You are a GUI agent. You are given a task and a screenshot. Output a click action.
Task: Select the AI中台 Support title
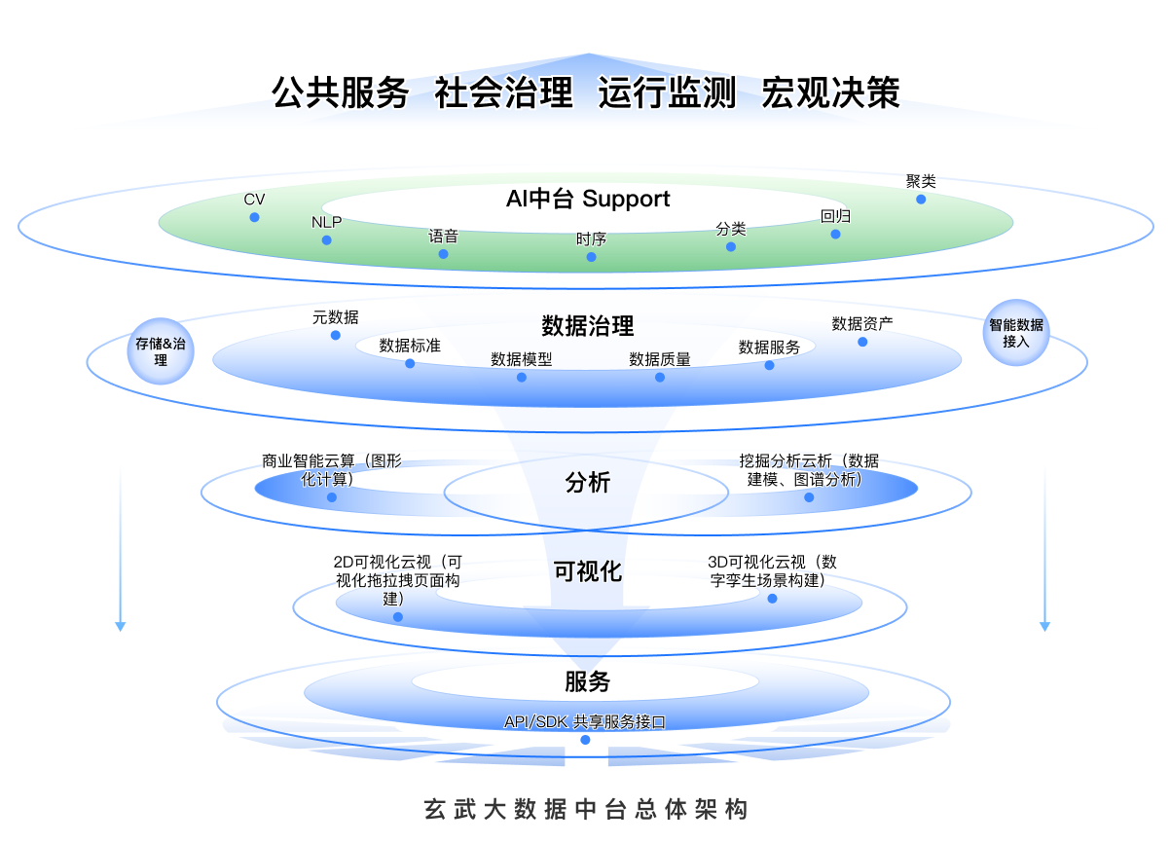tap(588, 200)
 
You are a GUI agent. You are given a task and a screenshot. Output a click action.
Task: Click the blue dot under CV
tap(255, 217)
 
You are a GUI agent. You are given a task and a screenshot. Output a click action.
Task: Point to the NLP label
tap(327, 222)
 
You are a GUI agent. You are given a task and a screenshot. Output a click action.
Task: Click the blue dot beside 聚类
tap(921, 200)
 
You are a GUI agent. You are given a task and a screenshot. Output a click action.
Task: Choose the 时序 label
tap(591, 238)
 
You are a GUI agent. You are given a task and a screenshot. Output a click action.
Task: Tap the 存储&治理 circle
tap(160, 351)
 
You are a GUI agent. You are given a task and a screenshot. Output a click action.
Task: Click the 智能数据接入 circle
tap(1016, 334)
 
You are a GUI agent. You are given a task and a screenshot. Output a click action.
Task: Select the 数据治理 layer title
tap(588, 325)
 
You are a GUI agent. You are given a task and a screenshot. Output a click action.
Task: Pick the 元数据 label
tap(335, 317)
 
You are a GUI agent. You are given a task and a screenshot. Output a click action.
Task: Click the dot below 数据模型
tap(522, 377)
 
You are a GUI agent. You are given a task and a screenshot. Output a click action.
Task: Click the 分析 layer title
tap(588, 482)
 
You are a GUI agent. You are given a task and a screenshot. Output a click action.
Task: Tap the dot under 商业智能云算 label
tap(332, 497)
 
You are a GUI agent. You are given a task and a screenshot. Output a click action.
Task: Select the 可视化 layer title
tap(588, 571)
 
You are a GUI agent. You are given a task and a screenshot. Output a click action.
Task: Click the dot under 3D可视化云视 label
tap(773, 599)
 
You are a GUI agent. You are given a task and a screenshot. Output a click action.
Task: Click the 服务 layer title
tap(588, 681)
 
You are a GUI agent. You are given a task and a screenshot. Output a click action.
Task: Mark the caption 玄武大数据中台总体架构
tap(586, 810)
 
